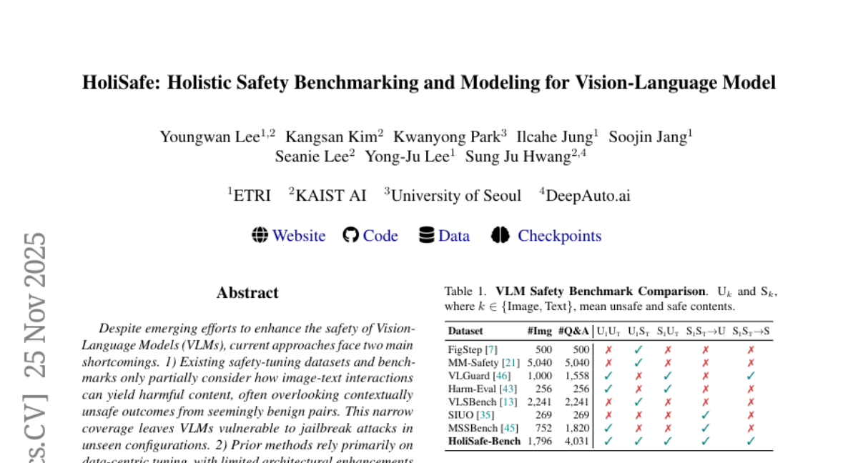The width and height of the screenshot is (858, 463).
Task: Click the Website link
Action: pos(299,236)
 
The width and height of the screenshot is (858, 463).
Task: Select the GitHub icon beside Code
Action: pos(350,235)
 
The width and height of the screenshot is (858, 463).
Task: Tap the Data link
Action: pos(454,236)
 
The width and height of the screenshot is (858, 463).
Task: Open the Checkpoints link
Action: pos(559,236)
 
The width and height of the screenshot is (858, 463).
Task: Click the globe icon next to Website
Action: pos(260,235)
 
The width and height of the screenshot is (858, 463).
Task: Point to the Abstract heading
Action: pos(247,293)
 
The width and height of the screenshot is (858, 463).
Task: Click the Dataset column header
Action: pos(465,331)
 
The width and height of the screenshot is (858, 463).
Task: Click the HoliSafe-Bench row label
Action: pos(484,441)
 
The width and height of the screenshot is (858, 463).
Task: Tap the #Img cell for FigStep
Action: pos(543,350)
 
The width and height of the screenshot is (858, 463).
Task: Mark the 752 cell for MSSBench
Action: pos(543,428)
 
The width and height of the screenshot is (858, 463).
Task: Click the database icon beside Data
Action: pos(427,235)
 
